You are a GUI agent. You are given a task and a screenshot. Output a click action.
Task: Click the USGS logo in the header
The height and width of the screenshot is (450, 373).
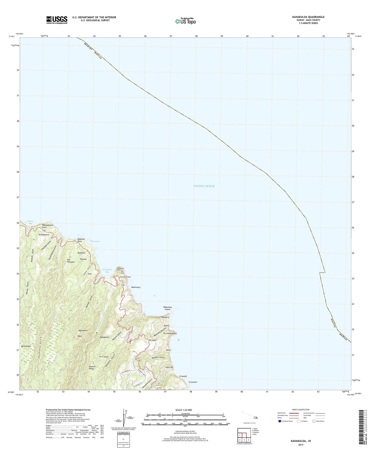(x=57, y=20)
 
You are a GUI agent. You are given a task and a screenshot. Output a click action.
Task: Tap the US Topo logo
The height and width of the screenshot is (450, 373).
(x=185, y=21)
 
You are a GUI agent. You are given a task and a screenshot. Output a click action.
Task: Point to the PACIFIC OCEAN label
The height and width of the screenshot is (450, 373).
(x=204, y=186)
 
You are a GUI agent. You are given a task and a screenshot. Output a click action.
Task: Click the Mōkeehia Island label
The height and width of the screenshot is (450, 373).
(x=168, y=308)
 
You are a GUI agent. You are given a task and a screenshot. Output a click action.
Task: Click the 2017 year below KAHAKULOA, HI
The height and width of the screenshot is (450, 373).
(x=301, y=445)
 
